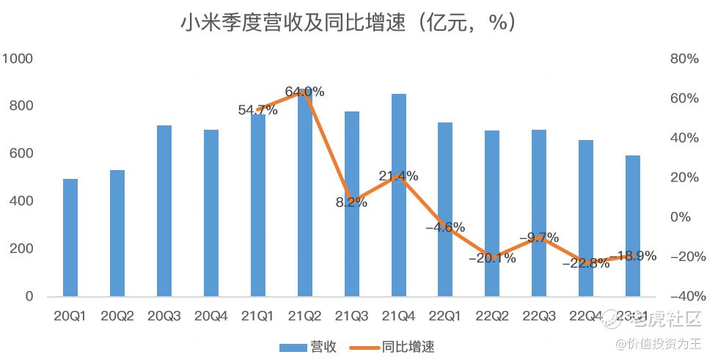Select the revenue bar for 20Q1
[70, 238]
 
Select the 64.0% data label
[304, 92]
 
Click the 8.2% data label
[351, 203]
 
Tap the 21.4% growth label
[398, 176]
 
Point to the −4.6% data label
[445, 227]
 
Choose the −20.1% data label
[492, 258]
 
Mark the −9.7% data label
[539, 238]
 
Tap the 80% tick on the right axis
[684, 59]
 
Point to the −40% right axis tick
[688, 296]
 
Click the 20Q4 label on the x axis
[211, 317]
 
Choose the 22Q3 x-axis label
[539, 317]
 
